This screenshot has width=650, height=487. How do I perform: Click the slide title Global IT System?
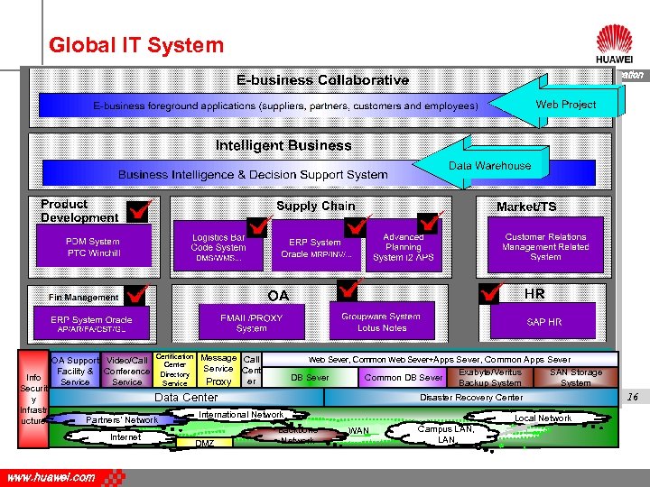136,44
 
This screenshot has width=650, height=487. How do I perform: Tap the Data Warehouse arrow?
487,166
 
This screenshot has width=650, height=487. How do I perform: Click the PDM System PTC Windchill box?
93,247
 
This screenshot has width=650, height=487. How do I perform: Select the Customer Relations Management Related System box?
545,247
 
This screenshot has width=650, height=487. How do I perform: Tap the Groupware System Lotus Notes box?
381,322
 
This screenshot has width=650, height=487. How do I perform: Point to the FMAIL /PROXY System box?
251,322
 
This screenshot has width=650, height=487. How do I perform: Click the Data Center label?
187,397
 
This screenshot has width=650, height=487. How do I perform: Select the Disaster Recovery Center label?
470,397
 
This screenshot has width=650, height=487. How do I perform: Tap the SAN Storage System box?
575,378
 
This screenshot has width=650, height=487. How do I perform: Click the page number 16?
633,397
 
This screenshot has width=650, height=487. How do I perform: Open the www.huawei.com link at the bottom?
51,477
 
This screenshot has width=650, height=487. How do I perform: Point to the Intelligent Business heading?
283,145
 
